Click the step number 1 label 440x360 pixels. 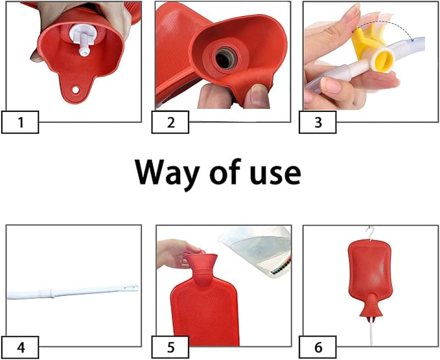(x=20, y=122)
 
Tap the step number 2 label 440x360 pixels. (x=170, y=122)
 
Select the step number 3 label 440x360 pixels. (x=318, y=122)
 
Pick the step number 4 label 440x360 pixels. (x=20, y=348)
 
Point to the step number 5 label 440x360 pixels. (x=170, y=348)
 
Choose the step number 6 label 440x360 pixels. (x=318, y=348)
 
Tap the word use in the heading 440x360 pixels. (x=275, y=174)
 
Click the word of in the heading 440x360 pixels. (x=225, y=172)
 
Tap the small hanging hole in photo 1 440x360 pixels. (x=75, y=90)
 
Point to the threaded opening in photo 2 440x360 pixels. (x=226, y=58)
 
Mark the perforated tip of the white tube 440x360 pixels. (x=131, y=287)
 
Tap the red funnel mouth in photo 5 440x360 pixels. (x=201, y=261)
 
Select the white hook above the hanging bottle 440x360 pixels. (x=371, y=233)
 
